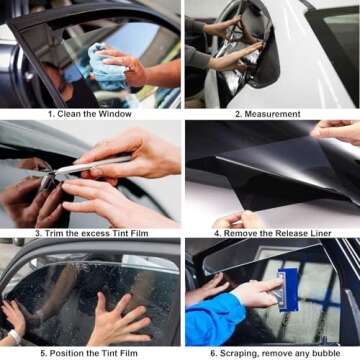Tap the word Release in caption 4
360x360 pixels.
click(x=287, y=233)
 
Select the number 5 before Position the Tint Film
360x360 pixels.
click(x=42, y=353)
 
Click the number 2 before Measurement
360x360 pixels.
click(x=238, y=114)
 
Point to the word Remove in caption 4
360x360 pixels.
click(x=234, y=233)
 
